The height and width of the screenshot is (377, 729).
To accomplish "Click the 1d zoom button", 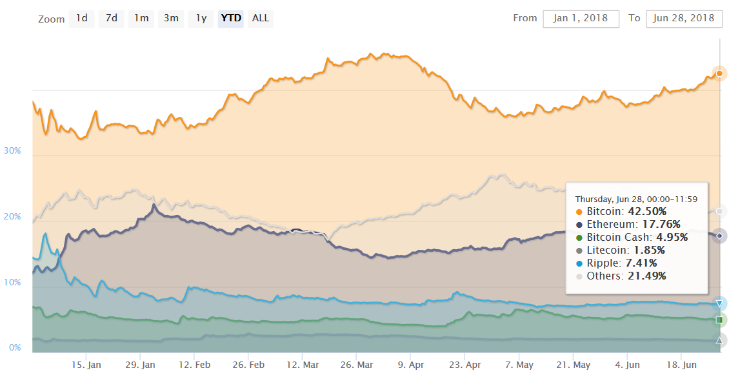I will click(82, 18).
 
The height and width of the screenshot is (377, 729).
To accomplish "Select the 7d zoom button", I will click(112, 18).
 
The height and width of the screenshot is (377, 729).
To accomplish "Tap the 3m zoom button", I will click(171, 18).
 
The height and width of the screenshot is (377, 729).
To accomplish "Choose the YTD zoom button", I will click(231, 18).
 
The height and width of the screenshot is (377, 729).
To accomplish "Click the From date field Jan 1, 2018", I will click(581, 18).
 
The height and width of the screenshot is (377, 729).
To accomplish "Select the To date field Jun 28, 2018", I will click(683, 18).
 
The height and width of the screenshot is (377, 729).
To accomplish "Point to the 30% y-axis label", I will click(13, 150).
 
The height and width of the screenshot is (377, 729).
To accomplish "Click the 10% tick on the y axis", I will click(13, 282).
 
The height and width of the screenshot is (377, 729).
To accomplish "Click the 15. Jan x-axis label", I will click(86, 365).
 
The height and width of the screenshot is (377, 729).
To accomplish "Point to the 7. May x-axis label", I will click(519, 365).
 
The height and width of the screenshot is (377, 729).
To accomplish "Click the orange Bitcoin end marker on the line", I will click(719, 73).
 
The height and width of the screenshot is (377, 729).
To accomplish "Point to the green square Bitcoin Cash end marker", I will click(719, 320).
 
